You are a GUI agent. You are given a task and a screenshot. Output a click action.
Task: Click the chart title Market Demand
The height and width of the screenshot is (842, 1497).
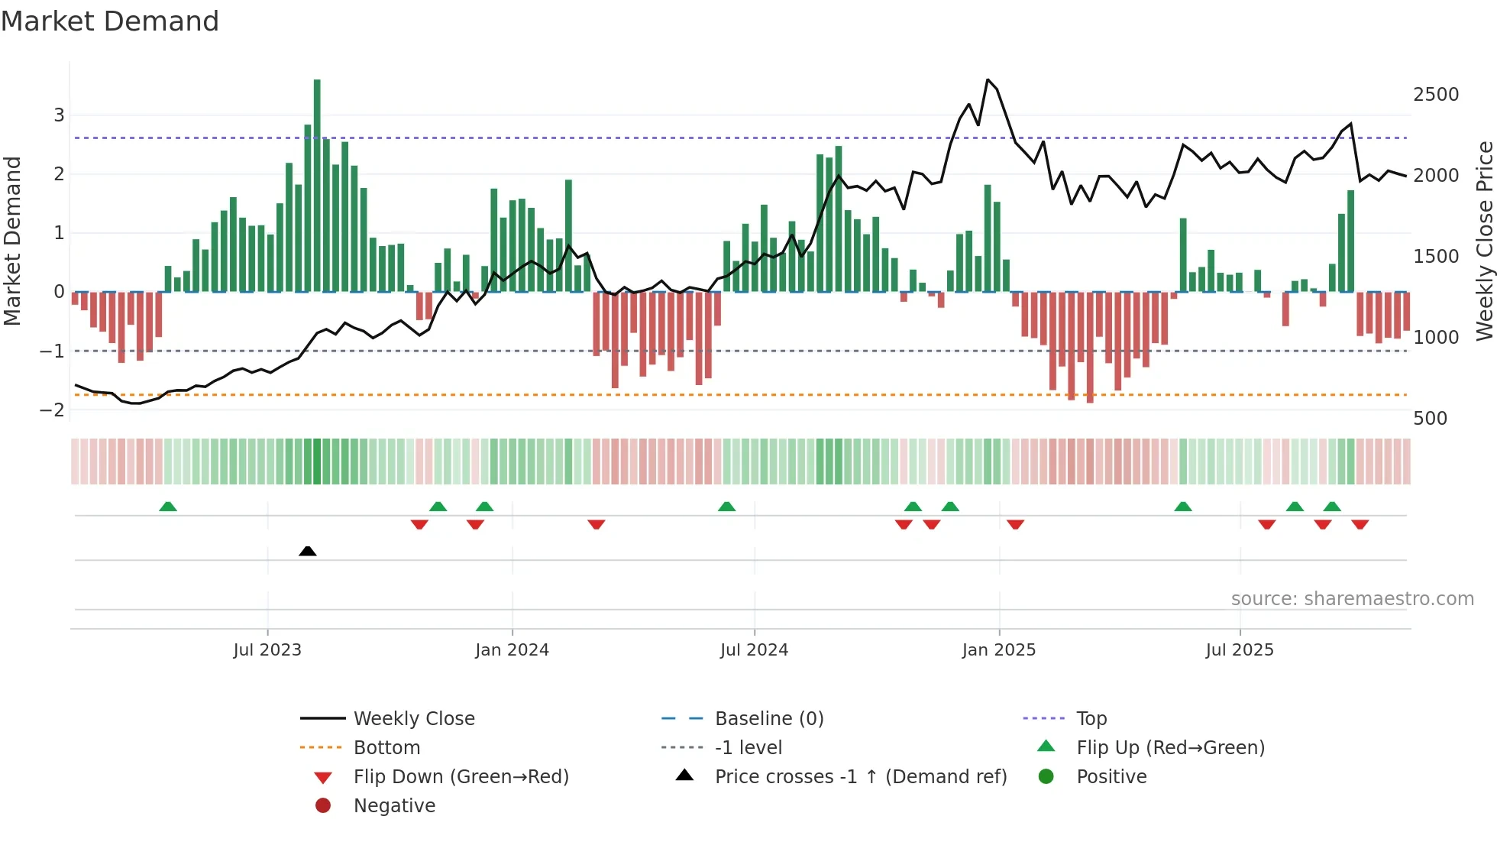coord(110,21)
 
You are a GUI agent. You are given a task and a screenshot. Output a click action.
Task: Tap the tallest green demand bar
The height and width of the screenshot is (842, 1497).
coord(317,183)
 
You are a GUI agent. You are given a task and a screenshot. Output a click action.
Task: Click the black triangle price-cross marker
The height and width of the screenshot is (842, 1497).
coord(308,551)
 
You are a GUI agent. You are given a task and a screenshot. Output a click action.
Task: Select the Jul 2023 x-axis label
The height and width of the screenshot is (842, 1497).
coord(267,650)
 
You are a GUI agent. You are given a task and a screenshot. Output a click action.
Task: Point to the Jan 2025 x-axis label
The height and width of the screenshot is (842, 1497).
coord(998,650)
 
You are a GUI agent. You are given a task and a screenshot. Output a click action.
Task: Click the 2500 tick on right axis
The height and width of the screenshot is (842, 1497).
coord(1435,95)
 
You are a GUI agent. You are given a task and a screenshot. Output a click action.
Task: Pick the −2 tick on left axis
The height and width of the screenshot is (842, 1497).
coord(53,410)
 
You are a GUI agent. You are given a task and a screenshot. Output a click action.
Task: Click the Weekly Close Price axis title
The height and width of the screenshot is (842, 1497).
coord(1484,241)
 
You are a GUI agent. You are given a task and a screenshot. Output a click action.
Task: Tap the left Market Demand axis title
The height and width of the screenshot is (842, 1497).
coord(12,241)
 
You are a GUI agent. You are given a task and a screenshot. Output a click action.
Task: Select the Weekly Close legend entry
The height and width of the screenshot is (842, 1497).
coord(413,719)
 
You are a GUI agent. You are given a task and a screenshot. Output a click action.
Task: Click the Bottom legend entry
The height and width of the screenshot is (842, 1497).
coord(386,748)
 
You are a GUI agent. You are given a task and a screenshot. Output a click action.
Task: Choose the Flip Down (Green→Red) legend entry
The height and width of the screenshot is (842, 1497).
coord(461,777)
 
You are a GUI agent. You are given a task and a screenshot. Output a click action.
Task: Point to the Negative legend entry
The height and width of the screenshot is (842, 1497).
coord(394,806)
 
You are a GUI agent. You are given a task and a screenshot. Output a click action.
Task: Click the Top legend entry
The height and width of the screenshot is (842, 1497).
coord(1091,719)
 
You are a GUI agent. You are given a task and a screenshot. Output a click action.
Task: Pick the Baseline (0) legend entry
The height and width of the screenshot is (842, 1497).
coord(768,719)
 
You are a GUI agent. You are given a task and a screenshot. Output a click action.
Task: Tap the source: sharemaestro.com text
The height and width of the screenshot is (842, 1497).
coord(1352,599)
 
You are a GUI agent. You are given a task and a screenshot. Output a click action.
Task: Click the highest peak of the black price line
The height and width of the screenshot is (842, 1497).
coord(988,79)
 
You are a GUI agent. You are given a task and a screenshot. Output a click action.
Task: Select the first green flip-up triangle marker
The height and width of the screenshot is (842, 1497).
coord(168,507)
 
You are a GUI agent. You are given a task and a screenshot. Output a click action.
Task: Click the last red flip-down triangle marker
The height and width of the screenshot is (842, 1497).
coord(1360,524)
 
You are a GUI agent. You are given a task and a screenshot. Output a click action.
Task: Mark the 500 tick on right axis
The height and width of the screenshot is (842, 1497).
coord(1430,419)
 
